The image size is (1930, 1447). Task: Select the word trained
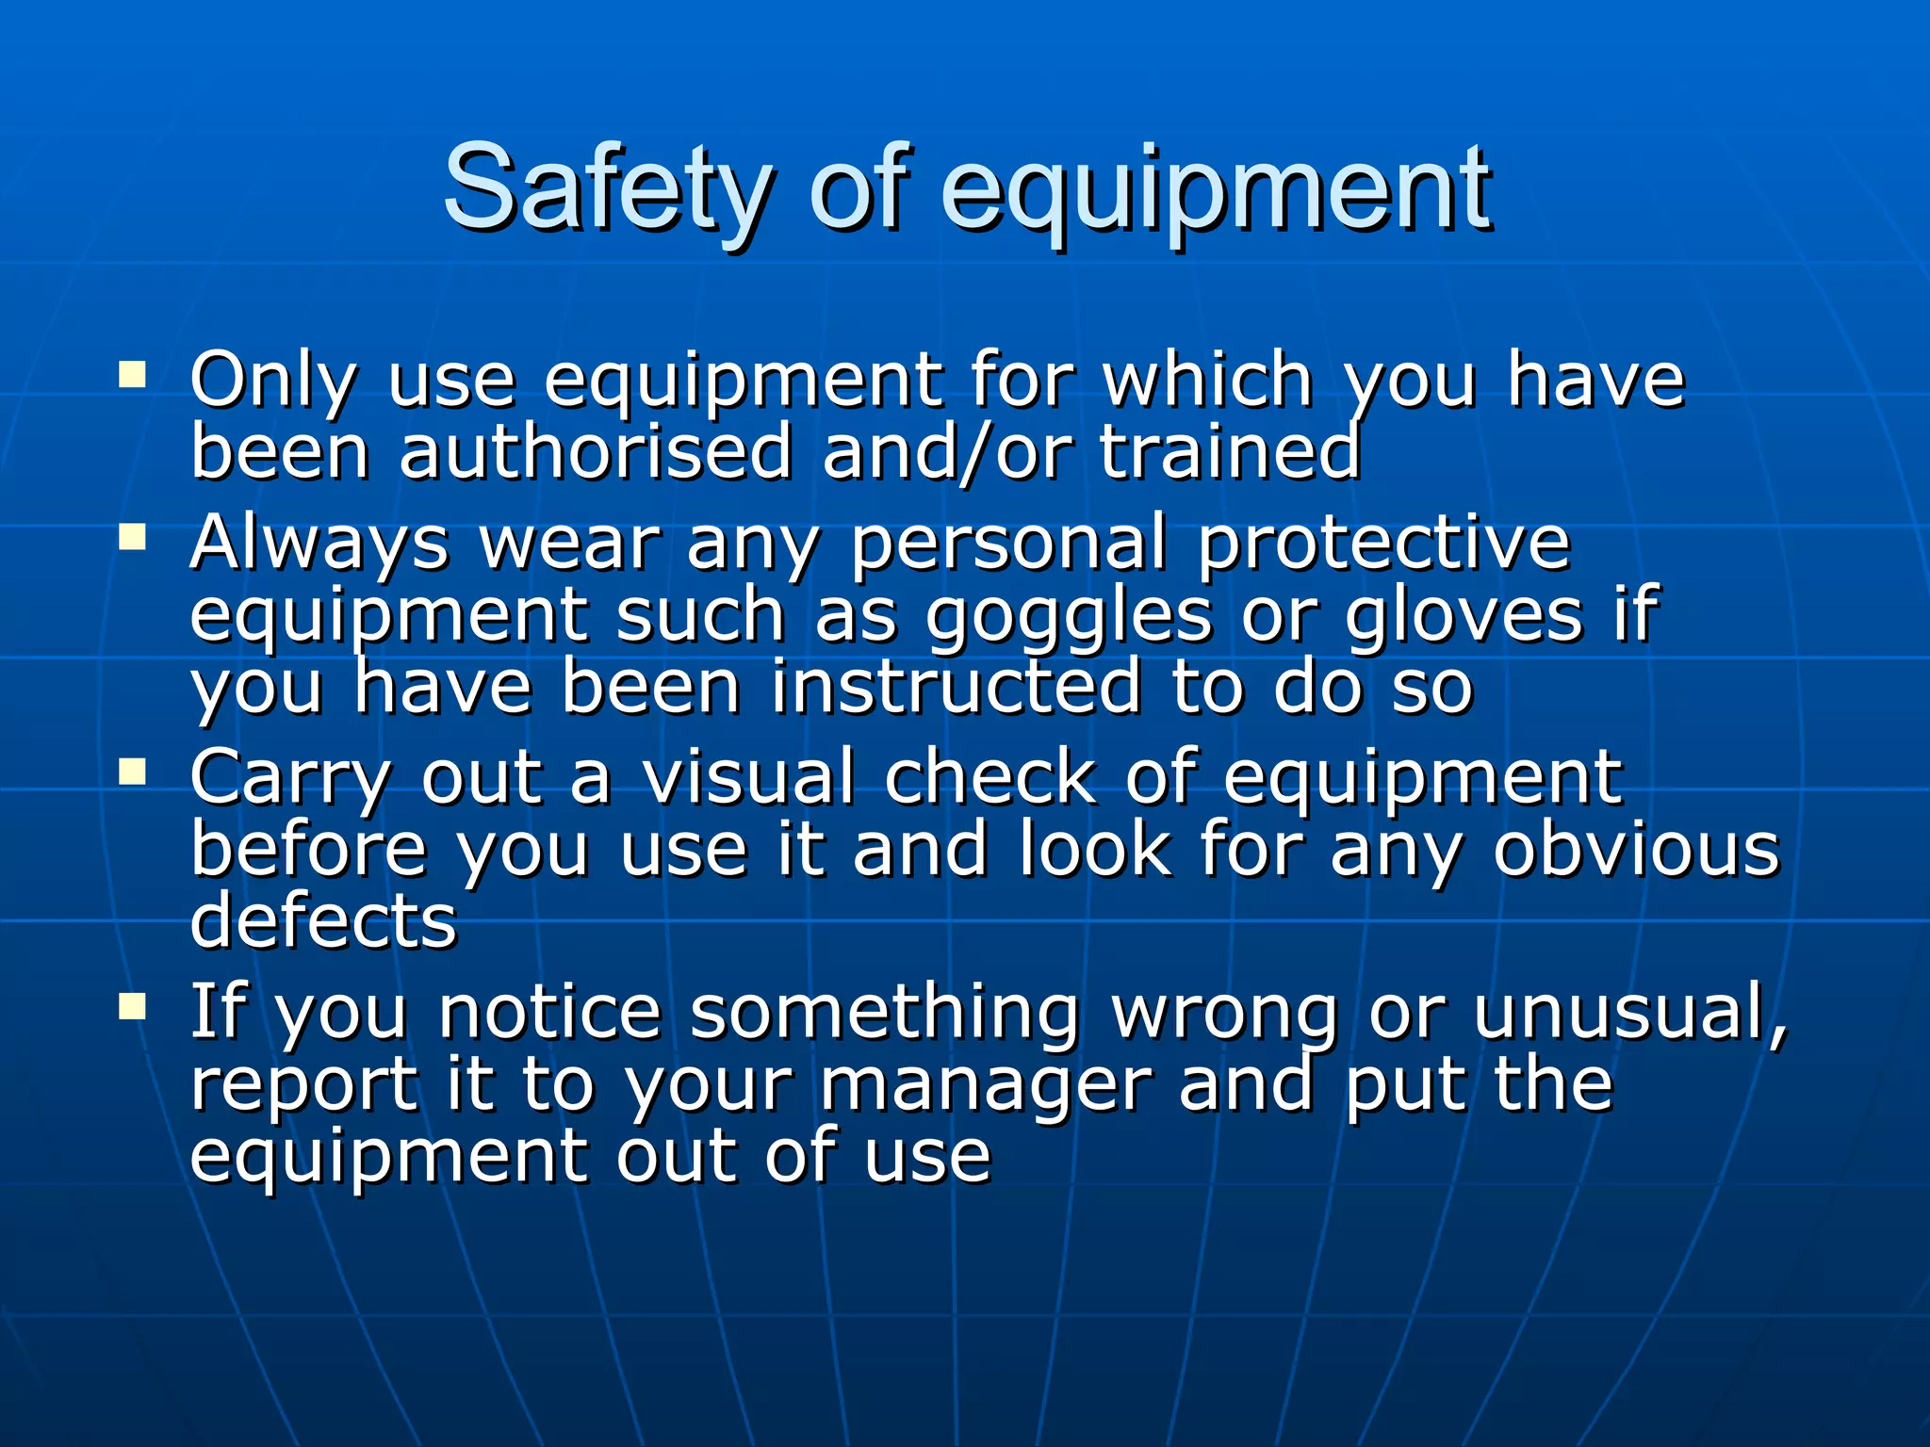tap(1230, 452)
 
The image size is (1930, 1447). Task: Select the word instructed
tap(956, 688)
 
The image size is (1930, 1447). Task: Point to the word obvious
tap(1637, 850)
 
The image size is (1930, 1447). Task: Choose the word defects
tap(323, 921)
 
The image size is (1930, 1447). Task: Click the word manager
tap(986, 1085)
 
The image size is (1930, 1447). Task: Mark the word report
tap(304, 1085)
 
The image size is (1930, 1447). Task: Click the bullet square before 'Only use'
tap(132, 376)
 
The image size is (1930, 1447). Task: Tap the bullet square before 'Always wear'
tap(132, 537)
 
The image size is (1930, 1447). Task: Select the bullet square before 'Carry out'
tap(132, 772)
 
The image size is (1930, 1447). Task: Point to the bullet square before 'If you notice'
tap(132, 1007)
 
